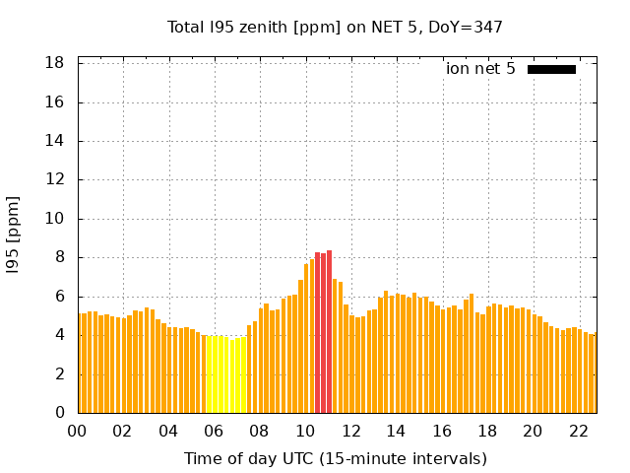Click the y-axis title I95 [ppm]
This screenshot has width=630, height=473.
[13, 236]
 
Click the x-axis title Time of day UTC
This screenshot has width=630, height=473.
[336, 458]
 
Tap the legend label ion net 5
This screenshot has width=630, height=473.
[480, 69]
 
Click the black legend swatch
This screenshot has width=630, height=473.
[551, 69]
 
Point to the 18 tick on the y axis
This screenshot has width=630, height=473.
[55, 63]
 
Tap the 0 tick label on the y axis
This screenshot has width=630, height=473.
[59, 413]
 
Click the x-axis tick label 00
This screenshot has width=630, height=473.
[77, 432]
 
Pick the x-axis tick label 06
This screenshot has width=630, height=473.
[214, 432]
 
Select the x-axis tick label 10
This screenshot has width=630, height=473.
[305, 432]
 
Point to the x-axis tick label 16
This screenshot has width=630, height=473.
[442, 432]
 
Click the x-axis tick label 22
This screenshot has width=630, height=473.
[579, 432]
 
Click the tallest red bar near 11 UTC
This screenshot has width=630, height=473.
[329, 331]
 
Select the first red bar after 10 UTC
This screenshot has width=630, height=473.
[317, 333]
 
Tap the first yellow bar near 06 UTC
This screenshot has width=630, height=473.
[209, 374]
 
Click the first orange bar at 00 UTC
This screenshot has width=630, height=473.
[82, 363]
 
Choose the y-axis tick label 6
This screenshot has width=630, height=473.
[59, 297]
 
